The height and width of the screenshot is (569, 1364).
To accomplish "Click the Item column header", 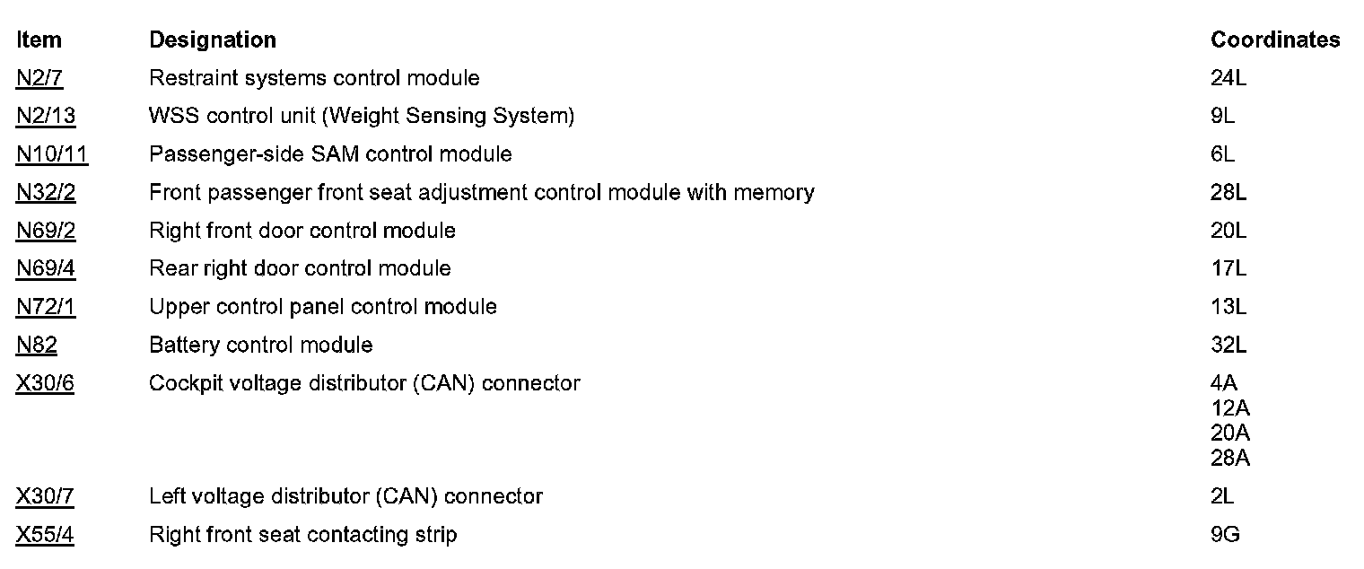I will tap(39, 40).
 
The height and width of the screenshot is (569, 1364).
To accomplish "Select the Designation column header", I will tap(213, 40).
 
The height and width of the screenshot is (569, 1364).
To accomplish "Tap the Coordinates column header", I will tap(1275, 40).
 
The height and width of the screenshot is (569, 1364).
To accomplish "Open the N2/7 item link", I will tap(39, 79).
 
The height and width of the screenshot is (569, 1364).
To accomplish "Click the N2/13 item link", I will tap(46, 117).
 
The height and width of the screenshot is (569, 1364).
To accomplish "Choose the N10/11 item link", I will tap(52, 154).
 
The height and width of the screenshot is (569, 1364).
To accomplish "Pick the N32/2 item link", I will tap(46, 193).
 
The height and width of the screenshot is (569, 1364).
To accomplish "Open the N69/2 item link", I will tap(46, 232).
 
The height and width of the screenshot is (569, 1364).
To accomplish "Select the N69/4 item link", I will tap(46, 269).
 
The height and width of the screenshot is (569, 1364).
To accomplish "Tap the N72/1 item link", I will tap(46, 307).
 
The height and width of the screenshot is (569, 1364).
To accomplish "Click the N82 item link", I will tap(37, 346).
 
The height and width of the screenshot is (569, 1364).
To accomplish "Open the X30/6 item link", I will tap(45, 384).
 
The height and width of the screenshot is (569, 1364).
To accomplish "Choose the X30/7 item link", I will tap(45, 496).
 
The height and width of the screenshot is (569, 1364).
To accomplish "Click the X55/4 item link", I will tap(45, 536).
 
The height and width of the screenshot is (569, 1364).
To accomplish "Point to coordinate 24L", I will tap(1228, 79).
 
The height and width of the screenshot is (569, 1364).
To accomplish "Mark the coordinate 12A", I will tap(1230, 408).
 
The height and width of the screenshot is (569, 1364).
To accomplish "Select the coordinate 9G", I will tap(1225, 536).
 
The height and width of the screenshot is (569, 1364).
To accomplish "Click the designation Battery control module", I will tap(260, 346).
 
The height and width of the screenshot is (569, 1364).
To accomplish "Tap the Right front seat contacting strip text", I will tap(302, 536).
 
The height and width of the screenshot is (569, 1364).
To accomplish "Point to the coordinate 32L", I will tap(1228, 346).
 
